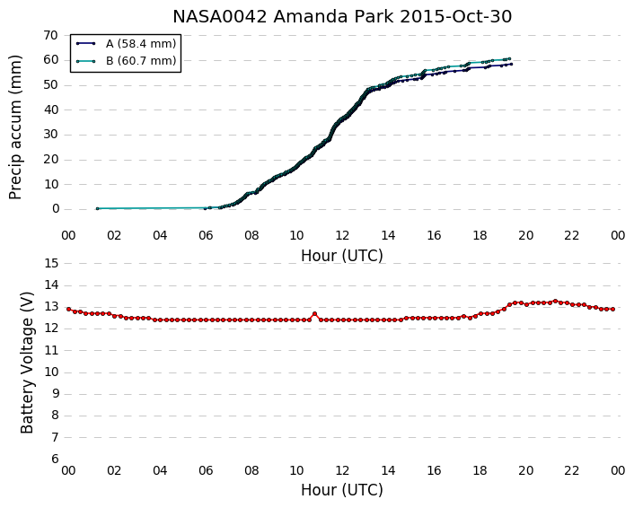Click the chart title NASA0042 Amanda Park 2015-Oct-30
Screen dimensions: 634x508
point(342,16)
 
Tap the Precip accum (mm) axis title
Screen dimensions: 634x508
point(15,127)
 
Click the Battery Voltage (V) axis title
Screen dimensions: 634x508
point(27,363)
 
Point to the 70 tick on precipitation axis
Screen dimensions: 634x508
point(51,36)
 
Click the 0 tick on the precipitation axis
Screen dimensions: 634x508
point(56,209)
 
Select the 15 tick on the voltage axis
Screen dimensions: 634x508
point(52,264)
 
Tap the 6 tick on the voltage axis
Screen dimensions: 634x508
point(55,460)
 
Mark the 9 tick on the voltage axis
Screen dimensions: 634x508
point(55,394)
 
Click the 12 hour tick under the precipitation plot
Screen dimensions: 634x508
point(342,235)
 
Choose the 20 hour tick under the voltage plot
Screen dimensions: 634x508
point(525,471)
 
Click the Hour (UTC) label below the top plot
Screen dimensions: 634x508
point(342,256)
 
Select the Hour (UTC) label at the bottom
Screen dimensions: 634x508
point(342,490)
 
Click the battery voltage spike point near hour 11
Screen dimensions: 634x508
point(314,313)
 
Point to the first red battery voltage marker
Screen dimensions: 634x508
point(68,309)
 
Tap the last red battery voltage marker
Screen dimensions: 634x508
point(613,309)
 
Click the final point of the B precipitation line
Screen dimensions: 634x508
point(509,59)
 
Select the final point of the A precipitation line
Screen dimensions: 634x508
point(512,64)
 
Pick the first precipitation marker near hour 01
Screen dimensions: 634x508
point(98,208)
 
